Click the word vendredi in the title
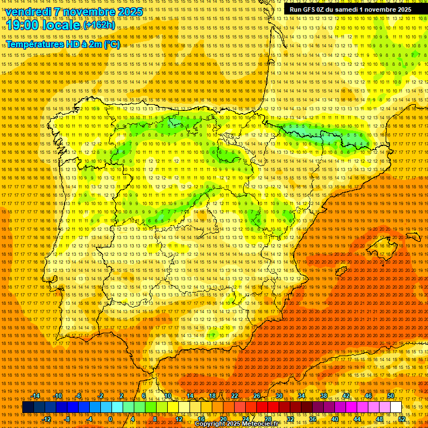[x=28, y=12]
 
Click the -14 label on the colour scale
[x=36, y=396]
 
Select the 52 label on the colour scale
[x=401, y=419]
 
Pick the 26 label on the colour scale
[x=256, y=396]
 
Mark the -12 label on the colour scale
[x=47, y=419]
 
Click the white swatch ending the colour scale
[x=396, y=407]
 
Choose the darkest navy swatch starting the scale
[x=28, y=407]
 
